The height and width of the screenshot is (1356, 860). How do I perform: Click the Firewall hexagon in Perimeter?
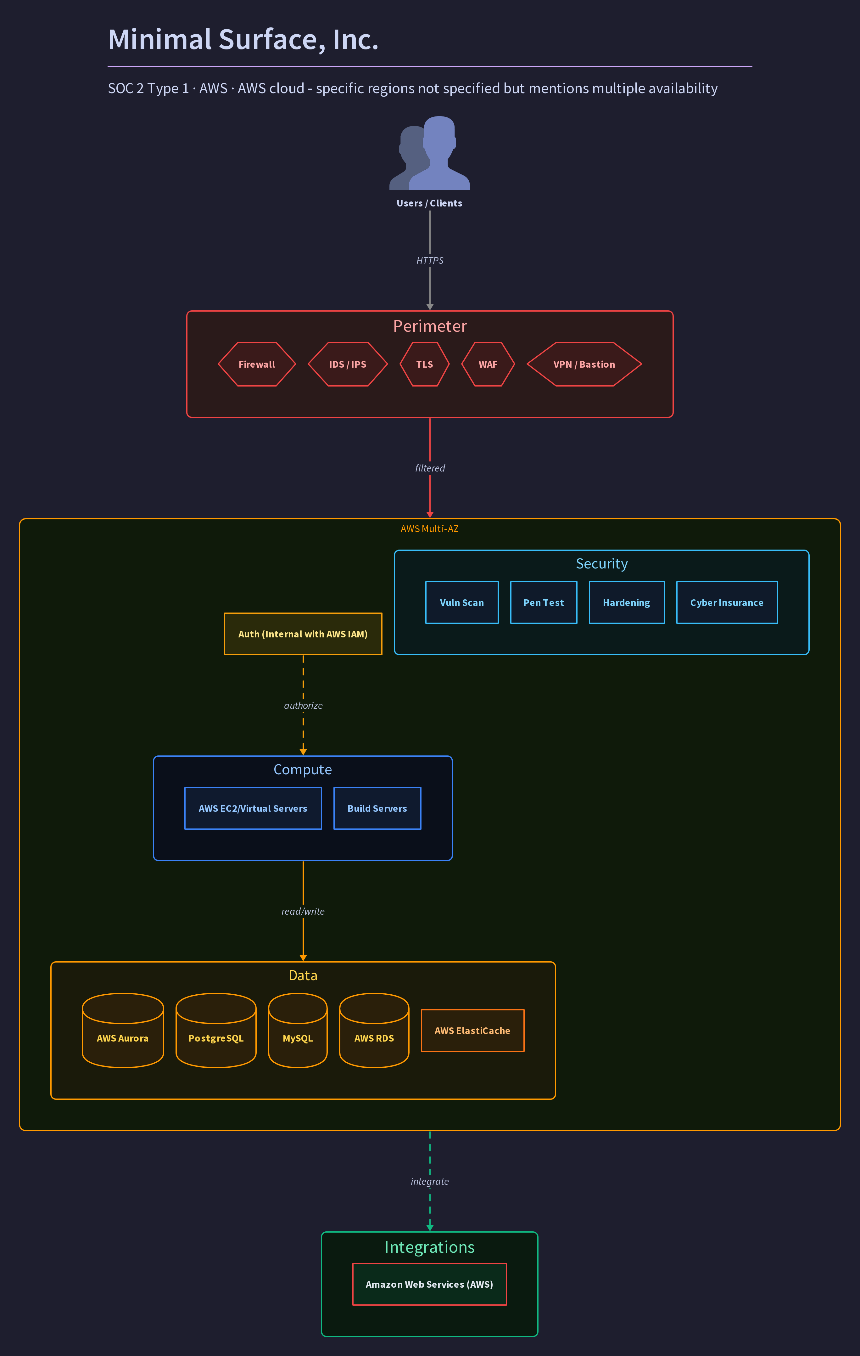(257, 364)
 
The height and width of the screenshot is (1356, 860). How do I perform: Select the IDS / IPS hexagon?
(348, 364)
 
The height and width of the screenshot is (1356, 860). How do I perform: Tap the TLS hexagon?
(424, 364)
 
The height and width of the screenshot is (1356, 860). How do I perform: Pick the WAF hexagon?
(488, 364)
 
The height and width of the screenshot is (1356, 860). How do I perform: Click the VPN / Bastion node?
(584, 364)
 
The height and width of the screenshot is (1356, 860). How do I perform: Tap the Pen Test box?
(544, 602)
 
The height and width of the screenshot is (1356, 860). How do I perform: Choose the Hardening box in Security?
(626, 602)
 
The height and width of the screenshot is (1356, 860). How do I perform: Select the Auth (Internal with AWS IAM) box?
(303, 634)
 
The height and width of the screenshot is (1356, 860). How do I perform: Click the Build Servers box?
(377, 808)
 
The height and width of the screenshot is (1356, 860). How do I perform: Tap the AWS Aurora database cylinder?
(123, 1031)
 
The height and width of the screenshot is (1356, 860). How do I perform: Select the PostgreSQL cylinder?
(216, 1031)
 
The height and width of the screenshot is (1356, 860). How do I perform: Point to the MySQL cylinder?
(298, 1031)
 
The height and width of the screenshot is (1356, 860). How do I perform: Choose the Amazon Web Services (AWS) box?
(429, 1284)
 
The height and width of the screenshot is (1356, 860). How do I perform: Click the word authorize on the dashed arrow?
(303, 706)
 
